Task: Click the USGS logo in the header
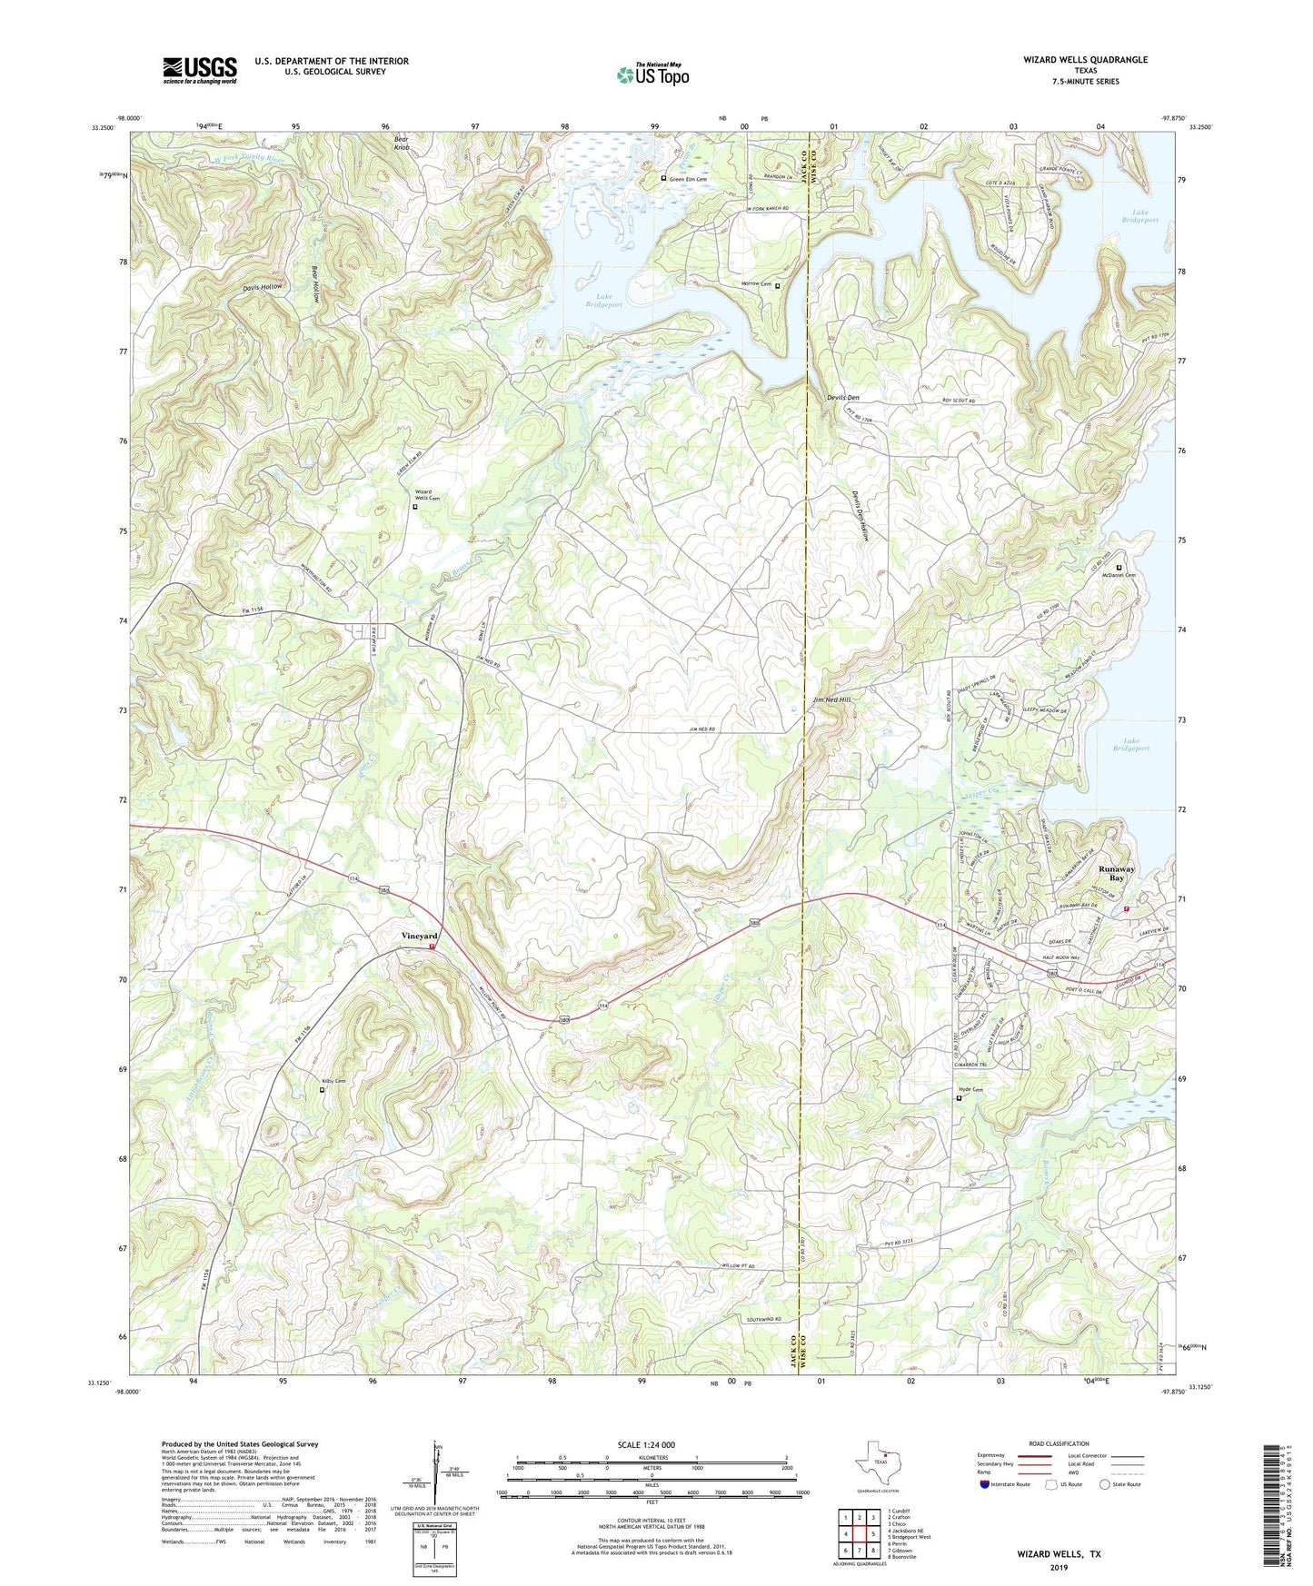click(x=199, y=70)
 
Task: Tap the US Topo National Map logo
click(x=652, y=74)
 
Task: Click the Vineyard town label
click(x=420, y=936)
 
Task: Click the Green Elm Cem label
click(x=688, y=179)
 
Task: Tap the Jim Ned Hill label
click(x=832, y=700)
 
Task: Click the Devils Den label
click(x=842, y=398)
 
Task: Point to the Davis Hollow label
click(x=263, y=286)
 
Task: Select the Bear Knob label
click(x=403, y=142)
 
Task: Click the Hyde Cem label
click(x=971, y=1089)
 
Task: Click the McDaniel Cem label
click(x=1119, y=575)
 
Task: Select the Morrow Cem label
click(x=756, y=284)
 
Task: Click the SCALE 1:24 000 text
click(x=645, y=1444)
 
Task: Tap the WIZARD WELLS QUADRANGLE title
click(x=1085, y=60)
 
